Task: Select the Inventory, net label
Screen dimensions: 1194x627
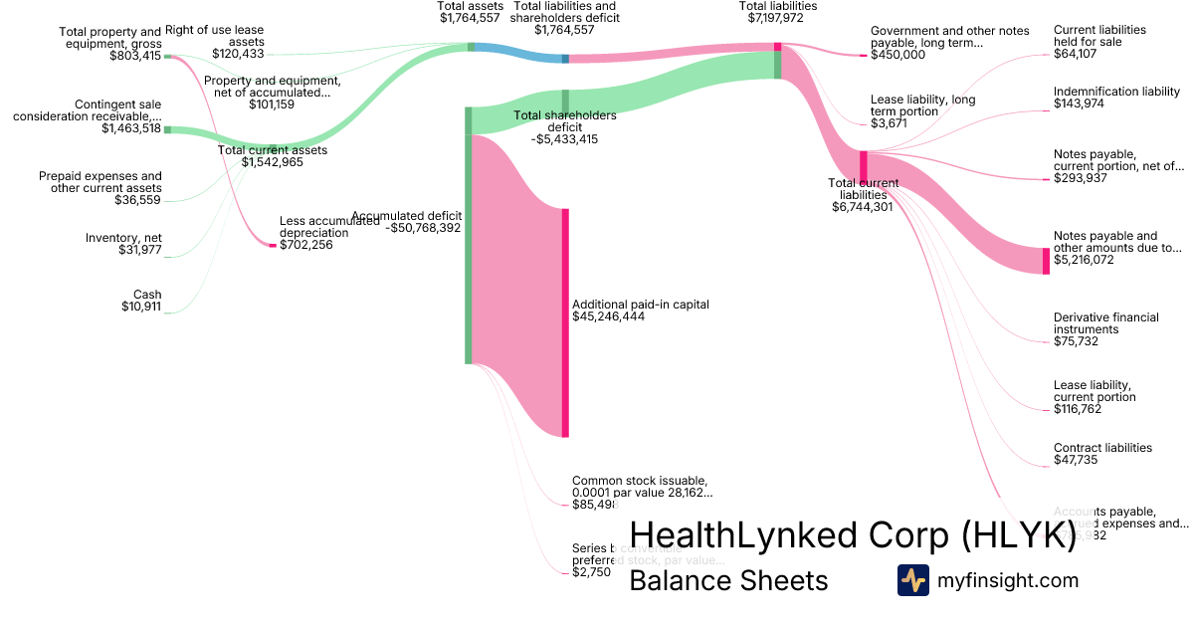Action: (x=123, y=238)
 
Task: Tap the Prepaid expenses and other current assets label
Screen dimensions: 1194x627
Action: (x=100, y=182)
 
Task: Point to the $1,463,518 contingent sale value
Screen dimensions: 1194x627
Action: (x=131, y=128)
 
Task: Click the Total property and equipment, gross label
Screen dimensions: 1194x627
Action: (x=109, y=38)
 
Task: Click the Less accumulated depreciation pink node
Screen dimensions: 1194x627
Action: (x=273, y=245)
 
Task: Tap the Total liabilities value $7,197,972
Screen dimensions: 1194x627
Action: (x=777, y=18)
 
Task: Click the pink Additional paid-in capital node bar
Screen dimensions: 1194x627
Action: (x=565, y=322)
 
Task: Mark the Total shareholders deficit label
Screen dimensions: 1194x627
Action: (x=564, y=121)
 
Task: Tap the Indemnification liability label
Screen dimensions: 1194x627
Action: (x=1116, y=92)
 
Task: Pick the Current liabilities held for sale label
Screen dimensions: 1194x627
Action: (x=1099, y=36)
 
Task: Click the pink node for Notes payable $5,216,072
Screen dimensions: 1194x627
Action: (x=1046, y=261)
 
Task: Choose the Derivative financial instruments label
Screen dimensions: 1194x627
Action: (x=1105, y=323)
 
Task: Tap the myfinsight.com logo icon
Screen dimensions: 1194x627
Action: (x=912, y=580)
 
